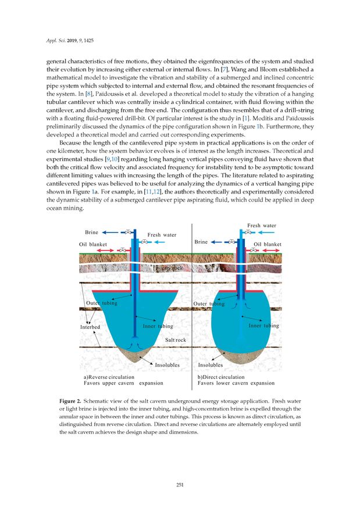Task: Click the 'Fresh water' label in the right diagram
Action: (261, 225)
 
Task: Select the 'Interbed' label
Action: (90, 327)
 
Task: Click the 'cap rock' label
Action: (173, 268)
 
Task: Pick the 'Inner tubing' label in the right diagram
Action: (263, 326)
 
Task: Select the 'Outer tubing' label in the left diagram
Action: (102, 303)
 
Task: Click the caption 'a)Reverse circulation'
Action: (109, 377)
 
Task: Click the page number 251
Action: (180, 486)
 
